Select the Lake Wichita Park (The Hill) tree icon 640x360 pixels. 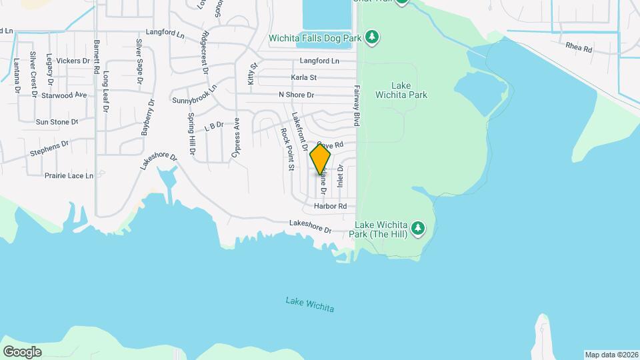click(x=418, y=229)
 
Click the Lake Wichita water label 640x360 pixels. click(x=309, y=305)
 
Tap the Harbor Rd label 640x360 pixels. click(x=331, y=207)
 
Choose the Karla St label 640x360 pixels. click(x=303, y=78)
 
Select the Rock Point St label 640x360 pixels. click(x=287, y=150)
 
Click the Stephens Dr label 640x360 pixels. click(x=49, y=148)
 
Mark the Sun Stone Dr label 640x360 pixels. click(x=57, y=122)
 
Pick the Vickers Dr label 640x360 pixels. click(x=73, y=61)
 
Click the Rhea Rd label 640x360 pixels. click(x=579, y=49)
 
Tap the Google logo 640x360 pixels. click(x=22, y=351)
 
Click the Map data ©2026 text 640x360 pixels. click(x=611, y=355)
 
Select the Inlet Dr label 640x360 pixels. click(x=340, y=177)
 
